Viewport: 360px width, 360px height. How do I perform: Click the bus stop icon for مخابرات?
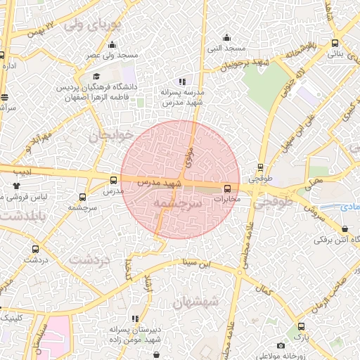click(x=227, y=188)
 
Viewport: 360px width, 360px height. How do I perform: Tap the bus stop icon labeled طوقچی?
click(x=261, y=167)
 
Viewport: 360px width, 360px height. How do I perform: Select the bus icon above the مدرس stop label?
click(x=114, y=180)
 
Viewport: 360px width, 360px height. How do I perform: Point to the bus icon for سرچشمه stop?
click(x=83, y=198)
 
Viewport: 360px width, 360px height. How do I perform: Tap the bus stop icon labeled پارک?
click(x=302, y=326)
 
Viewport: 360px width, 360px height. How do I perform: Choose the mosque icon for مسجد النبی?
click(x=226, y=38)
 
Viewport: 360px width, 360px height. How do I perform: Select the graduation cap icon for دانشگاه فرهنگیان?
click(x=96, y=77)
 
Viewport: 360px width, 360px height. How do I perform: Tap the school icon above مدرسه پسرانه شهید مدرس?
click(x=183, y=82)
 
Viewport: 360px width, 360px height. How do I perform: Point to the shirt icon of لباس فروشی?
click(x=17, y=186)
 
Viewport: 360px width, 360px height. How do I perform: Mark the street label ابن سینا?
click(x=196, y=264)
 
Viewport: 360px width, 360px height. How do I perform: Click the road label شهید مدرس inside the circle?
click(x=160, y=182)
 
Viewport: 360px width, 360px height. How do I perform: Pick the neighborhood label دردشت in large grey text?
click(x=89, y=259)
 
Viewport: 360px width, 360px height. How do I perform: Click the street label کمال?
click(x=266, y=289)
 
